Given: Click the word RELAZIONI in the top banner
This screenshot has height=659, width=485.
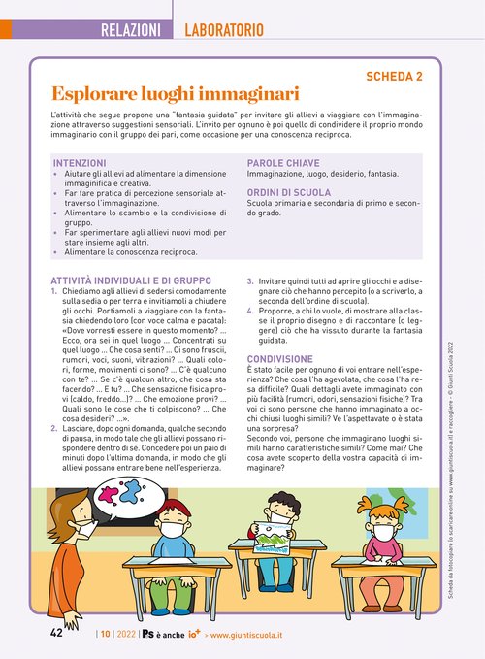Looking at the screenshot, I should click(130, 30).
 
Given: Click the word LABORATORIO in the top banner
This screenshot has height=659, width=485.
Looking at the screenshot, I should click(224, 30).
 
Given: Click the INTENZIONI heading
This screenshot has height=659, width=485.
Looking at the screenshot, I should click(87, 163).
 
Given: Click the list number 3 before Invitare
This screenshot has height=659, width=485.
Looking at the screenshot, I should click(250, 280).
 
